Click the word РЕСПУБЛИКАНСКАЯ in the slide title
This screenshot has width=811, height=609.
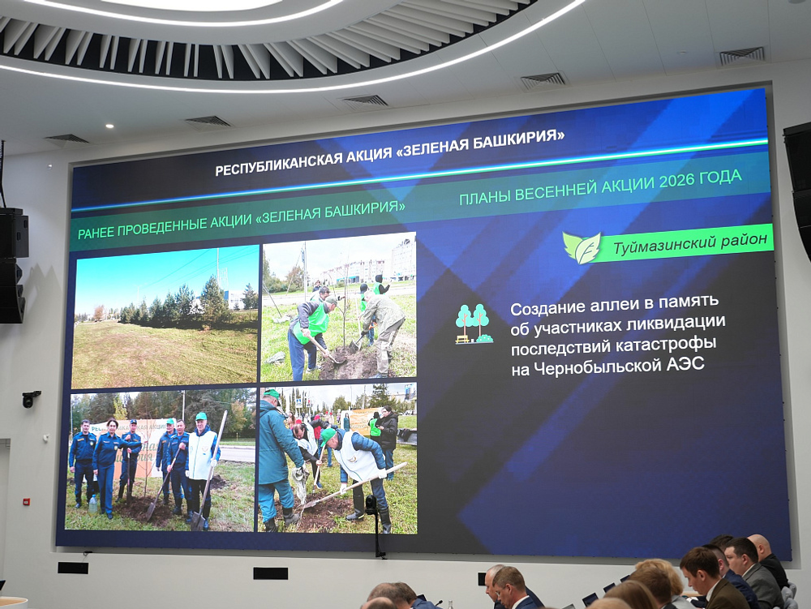[277, 163]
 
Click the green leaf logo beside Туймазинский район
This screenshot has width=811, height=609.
[582, 248]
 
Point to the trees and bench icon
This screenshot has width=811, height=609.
[474, 324]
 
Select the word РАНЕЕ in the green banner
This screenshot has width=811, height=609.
[96, 232]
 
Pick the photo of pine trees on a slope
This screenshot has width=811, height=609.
[165, 317]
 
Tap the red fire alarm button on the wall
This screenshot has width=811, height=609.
[26, 501]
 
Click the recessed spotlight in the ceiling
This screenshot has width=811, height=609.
[109, 126]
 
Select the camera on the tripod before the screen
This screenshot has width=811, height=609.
[371, 504]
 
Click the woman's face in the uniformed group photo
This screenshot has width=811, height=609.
[112, 427]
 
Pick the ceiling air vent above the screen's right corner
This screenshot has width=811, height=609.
[742, 55]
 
